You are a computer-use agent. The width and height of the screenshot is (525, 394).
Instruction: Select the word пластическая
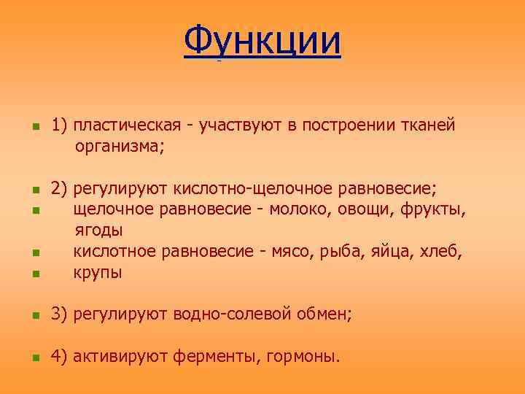point(125,125)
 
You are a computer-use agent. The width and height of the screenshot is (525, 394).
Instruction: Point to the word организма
point(118,147)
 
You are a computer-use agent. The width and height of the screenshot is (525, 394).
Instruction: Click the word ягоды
point(98,231)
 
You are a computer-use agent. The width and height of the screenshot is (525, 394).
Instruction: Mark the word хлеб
point(442,252)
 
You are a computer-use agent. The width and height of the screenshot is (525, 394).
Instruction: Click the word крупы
point(98,273)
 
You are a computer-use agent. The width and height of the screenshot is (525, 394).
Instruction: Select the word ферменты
point(219,357)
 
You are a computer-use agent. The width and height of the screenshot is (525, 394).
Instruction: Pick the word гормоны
point(303,357)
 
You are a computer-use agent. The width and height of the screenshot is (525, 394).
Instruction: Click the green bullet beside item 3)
point(34,316)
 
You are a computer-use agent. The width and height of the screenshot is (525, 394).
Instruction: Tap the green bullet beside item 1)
point(34,127)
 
